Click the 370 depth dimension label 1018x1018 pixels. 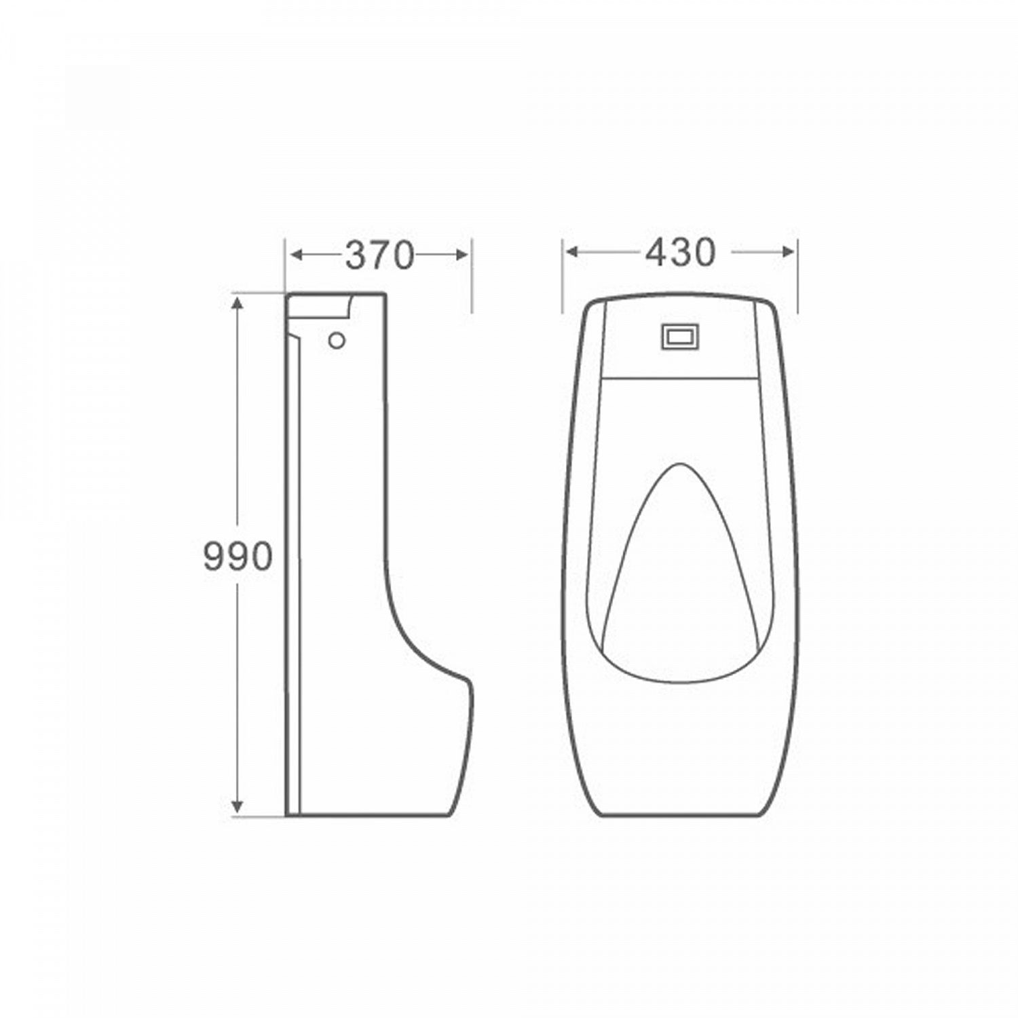pos(379,256)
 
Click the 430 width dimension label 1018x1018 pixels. pos(680,252)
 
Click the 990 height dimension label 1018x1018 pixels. pos(238,557)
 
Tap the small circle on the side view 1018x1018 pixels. pos(337,340)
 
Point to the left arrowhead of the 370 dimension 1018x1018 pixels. pos(296,255)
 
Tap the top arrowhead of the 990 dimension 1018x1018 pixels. pos(237,303)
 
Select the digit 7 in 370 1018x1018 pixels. pos(379,256)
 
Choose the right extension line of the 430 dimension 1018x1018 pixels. pos(797,278)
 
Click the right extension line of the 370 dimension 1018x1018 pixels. pos(472,278)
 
